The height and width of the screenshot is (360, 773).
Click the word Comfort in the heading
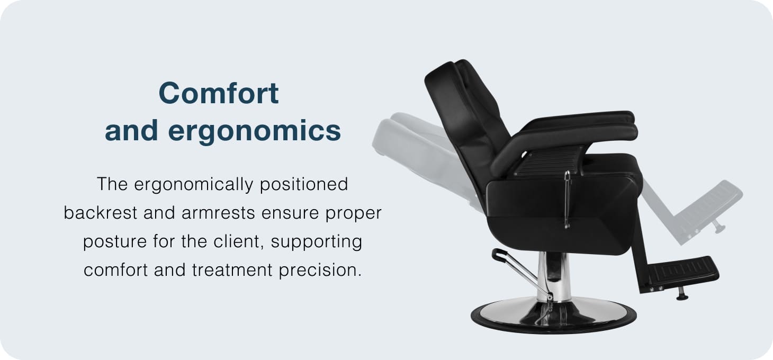pos(219,93)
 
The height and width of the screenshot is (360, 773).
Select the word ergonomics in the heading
pos(254,131)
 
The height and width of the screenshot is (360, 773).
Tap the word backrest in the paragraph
pos(101,212)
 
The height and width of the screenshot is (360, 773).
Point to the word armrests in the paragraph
pos(218,213)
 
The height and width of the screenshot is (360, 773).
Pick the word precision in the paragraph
pos(320,271)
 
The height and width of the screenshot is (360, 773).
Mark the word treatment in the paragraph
pos(232,270)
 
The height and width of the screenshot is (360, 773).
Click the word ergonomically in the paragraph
pos(194,184)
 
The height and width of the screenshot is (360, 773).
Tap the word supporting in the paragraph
pos(317,241)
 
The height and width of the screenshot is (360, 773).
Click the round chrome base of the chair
pos(553,316)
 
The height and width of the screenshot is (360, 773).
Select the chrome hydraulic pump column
pos(553,276)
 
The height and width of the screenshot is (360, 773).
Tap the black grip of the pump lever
pos(499,254)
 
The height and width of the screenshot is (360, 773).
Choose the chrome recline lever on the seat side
pos(567,200)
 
